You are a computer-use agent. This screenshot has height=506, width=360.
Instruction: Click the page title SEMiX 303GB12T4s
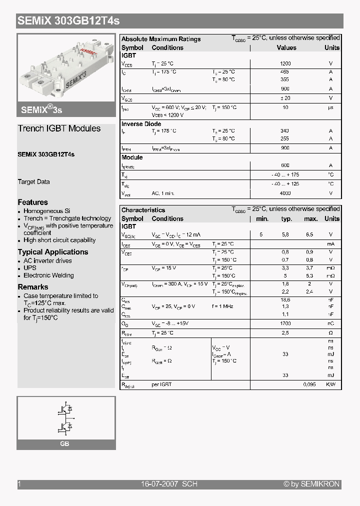pyautogui.click(x=68, y=21)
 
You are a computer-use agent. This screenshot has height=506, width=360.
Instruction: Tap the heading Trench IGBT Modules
pyautogui.click(x=59, y=128)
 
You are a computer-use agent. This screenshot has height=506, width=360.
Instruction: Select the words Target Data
pyautogui.click(x=33, y=182)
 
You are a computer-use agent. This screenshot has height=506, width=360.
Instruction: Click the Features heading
pyautogui.click(x=33, y=202)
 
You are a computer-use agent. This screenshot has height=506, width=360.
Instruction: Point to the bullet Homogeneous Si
pyautogui.click(x=47, y=211)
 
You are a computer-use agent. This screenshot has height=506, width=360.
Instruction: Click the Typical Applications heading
pyautogui.click(x=53, y=252)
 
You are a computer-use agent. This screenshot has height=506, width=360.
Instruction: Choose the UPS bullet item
pyautogui.click(x=30, y=268)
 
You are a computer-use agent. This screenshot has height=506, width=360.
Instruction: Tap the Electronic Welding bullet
pyautogui.click(x=48, y=275)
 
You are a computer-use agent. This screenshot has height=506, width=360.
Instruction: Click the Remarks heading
pyautogui.click(x=33, y=287)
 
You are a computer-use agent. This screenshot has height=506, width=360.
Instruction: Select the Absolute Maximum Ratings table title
pyautogui.click(x=161, y=39)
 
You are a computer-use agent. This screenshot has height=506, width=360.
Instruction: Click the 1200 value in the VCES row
pyautogui.click(x=285, y=64)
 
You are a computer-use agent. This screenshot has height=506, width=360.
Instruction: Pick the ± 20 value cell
pyautogui.click(x=285, y=98)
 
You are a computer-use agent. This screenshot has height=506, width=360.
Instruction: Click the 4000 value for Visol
pyautogui.click(x=285, y=193)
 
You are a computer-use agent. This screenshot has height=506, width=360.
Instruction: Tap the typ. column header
pyautogui.click(x=286, y=219)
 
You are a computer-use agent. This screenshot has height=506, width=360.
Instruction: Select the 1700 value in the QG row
pyautogui.click(x=285, y=324)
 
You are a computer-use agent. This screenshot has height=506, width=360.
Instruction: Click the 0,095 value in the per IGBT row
pyautogui.click(x=310, y=384)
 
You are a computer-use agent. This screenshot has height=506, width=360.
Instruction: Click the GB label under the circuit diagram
pyautogui.click(x=64, y=444)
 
